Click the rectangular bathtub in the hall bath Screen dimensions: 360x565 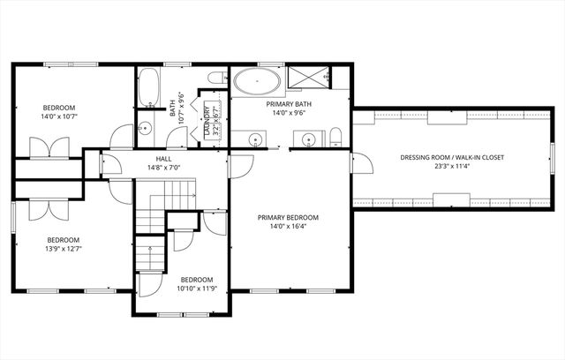(x=149, y=87)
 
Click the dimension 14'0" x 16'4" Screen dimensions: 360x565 (x=288, y=226)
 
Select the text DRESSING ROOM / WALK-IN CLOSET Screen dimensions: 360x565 (x=452, y=157)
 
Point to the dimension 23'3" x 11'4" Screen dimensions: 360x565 (x=452, y=167)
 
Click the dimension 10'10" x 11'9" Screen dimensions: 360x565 (x=196, y=288)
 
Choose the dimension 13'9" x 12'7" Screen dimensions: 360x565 (x=63, y=250)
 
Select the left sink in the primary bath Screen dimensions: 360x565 (x=255, y=139)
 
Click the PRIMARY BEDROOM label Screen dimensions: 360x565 (x=288, y=216)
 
